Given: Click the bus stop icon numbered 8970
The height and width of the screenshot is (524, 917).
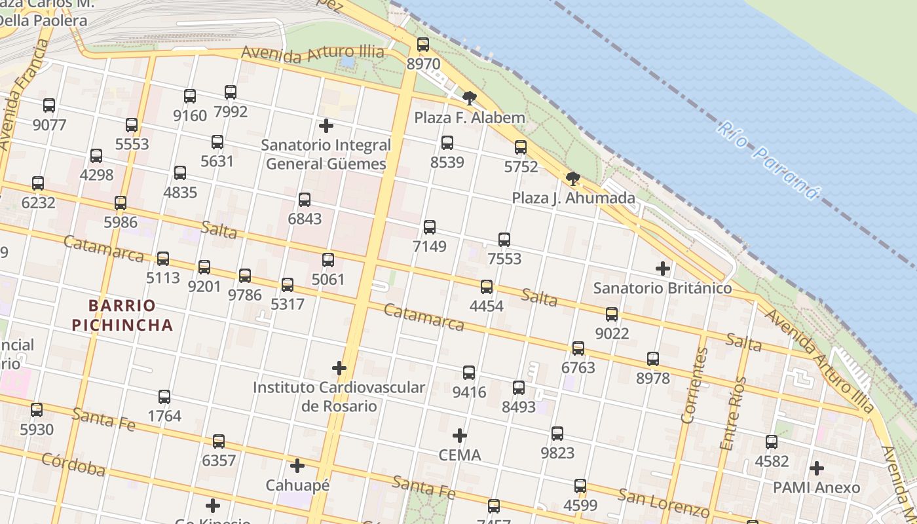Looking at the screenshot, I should point(423,45).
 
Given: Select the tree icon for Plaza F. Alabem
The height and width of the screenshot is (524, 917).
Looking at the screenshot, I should point(469,99).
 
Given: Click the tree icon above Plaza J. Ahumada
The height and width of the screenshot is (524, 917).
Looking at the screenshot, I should point(573,179).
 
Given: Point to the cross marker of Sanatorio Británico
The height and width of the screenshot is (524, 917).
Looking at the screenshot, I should point(663,269).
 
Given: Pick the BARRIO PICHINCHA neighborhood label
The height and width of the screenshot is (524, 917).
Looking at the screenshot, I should point(122,315).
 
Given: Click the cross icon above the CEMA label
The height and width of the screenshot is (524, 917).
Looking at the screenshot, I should point(460,435).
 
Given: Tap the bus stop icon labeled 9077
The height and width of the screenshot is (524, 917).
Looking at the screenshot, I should point(49,105).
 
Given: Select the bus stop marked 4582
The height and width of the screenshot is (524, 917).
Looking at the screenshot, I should point(772,442).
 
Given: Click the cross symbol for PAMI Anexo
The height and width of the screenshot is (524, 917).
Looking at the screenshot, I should point(816,468).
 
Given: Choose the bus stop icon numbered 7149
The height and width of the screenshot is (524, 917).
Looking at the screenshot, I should point(430,227).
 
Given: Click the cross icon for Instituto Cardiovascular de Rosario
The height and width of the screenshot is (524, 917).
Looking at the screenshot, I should point(339,368).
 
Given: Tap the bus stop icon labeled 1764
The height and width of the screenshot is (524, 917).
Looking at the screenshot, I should point(164,397).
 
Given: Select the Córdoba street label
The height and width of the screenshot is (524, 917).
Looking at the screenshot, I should point(73,464).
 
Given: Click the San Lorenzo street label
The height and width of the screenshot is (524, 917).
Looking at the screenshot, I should point(664,503).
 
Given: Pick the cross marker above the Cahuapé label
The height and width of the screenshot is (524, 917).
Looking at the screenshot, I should point(297,466).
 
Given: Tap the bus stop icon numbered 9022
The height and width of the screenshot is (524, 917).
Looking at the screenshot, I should point(612,314).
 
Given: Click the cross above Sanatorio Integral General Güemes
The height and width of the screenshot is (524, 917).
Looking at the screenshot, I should point(326,125).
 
